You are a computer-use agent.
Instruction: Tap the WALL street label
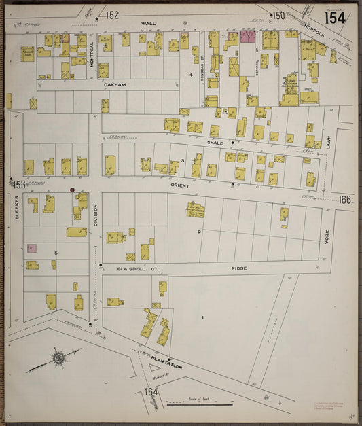click(x=148, y=23)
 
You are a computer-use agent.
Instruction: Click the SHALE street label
click(x=215, y=143)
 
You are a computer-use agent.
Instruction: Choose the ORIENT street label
click(x=179, y=185)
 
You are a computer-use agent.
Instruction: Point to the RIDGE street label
click(x=239, y=268)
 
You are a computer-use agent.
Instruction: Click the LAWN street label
click(x=327, y=142)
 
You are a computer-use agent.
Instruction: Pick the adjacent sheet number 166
click(x=345, y=199)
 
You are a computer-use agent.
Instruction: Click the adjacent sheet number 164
click(x=151, y=392)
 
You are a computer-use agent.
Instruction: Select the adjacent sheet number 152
click(x=112, y=14)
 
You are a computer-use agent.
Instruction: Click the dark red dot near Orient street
click(x=72, y=190)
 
